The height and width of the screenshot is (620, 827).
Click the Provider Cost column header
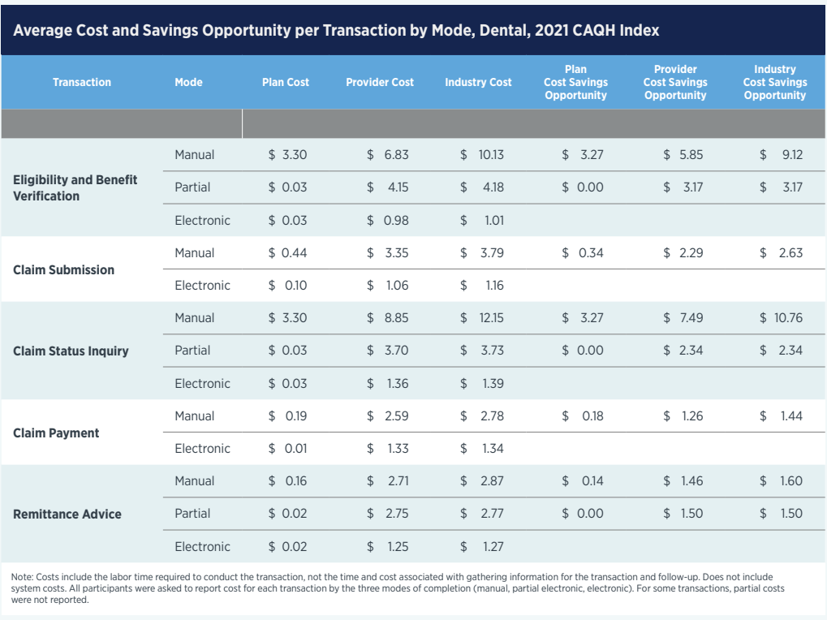click(379, 82)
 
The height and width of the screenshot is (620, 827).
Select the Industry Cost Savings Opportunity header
click(774, 82)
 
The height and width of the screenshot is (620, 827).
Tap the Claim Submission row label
click(63, 269)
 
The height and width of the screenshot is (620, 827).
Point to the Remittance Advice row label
click(67, 514)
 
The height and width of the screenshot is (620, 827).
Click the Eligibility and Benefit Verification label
click(75, 187)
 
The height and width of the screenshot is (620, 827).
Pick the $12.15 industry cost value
click(482, 318)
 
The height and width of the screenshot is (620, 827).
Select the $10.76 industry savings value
click(781, 318)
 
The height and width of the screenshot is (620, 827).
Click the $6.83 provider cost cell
click(388, 154)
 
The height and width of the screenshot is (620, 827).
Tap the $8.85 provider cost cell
click(388, 318)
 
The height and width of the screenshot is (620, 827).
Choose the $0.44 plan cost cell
click(288, 252)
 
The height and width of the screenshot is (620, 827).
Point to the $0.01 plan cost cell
click(288, 448)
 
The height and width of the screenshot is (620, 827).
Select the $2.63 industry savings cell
click(781, 252)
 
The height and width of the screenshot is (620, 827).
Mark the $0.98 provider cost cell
click(388, 220)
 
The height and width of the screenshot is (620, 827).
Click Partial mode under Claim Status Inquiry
click(192, 351)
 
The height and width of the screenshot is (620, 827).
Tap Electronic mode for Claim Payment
click(202, 448)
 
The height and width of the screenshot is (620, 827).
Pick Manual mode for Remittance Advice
click(195, 481)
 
